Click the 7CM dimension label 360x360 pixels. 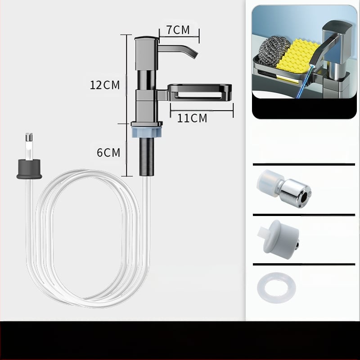tap(178, 30)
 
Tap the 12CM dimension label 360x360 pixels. tap(105, 85)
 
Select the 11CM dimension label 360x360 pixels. tap(192, 118)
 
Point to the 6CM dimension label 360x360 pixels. tap(108, 153)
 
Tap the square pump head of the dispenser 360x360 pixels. tap(147, 53)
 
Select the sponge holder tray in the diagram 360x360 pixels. tap(199, 93)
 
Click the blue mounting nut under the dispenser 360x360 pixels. tap(147, 132)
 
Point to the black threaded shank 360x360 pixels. tap(147, 157)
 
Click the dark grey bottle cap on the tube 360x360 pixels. tap(29, 169)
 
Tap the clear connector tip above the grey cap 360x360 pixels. tap(29, 146)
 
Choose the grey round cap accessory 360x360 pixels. tap(279, 240)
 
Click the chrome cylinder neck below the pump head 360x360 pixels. tap(147, 80)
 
